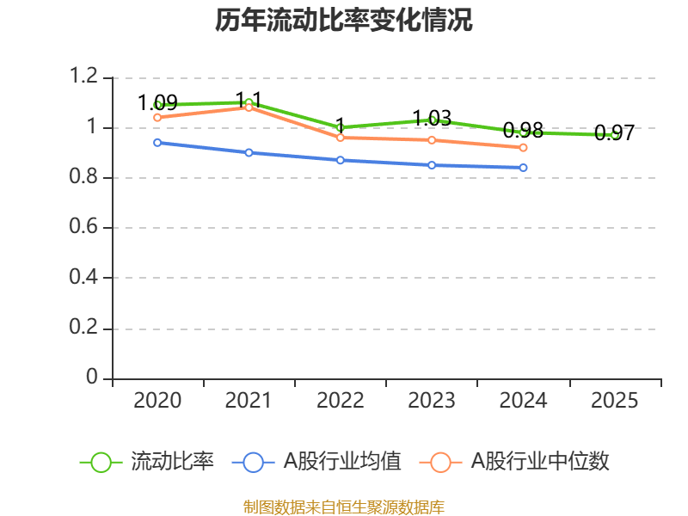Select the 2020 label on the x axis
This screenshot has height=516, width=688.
coord(158,401)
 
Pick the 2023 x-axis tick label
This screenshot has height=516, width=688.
coord(432,401)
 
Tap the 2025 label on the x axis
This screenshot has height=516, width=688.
coord(614,401)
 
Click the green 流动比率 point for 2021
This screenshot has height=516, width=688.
coord(249,103)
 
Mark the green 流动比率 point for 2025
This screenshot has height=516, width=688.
coord(614,135)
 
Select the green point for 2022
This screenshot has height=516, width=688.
coord(341,127)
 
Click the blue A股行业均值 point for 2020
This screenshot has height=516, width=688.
coord(157,143)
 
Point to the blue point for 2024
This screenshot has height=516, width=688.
coord(523,168)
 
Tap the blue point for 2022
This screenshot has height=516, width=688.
coord(341,160)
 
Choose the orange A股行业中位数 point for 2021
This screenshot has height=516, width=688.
coord(249,107)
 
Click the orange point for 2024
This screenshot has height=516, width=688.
coord(523,148)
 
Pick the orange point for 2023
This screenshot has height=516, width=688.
coord(432,140)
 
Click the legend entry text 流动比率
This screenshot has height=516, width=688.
coord(172,462)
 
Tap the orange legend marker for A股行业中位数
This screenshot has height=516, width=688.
coord(441,462)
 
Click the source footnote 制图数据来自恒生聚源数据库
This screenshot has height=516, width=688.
coord(344,507)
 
